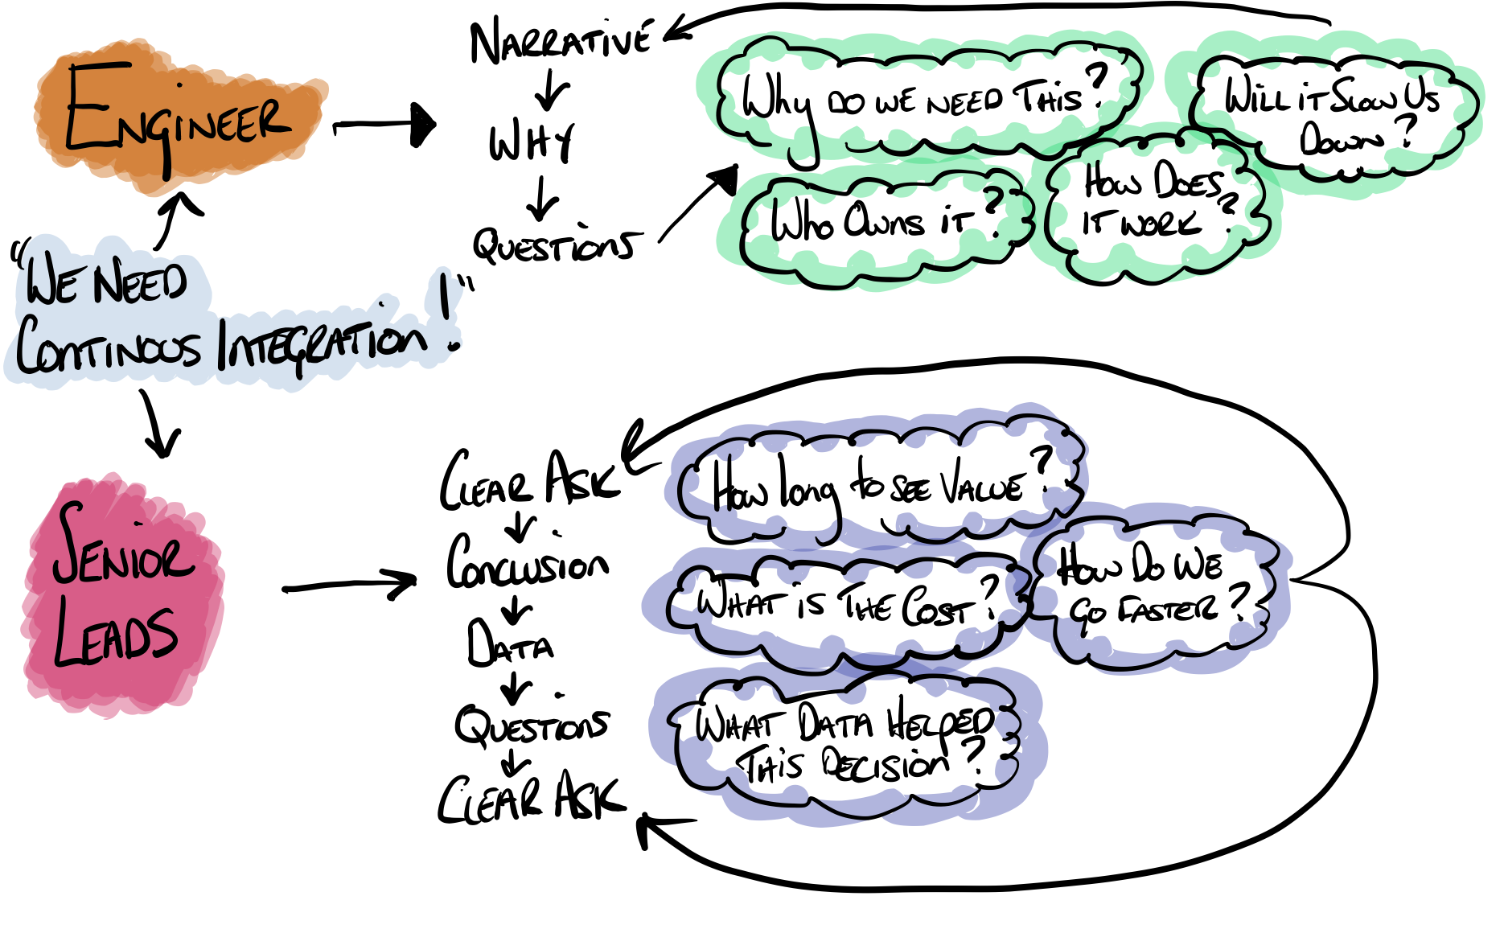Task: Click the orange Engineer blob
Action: (x=177, y=121)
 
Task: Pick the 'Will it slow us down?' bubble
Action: (x=1331, y=113)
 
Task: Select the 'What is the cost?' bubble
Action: (x=844, y=603)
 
